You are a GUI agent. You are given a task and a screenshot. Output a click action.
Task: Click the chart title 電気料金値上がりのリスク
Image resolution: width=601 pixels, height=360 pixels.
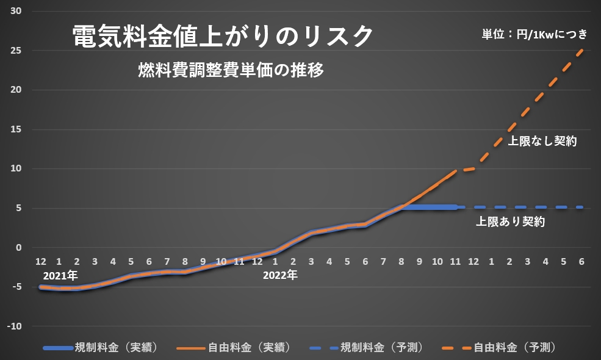pos(223,37)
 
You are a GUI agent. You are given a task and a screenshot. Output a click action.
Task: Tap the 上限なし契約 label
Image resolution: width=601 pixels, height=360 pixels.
pos(543,142)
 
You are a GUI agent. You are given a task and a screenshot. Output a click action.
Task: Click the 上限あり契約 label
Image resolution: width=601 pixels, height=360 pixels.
pos(510,222)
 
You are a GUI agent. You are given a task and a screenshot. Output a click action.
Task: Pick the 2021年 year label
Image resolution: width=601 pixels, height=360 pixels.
pos(60,275)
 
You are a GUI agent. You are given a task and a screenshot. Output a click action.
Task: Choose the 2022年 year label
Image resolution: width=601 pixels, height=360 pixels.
pos(280,275)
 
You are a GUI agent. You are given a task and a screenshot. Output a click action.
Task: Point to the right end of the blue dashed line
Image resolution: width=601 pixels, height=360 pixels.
pos(583,207)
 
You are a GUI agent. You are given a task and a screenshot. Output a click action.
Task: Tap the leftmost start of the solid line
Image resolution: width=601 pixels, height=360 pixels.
pos(41,287)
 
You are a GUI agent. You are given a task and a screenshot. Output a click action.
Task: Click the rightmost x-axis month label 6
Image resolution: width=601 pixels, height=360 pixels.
pos(581,261)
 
